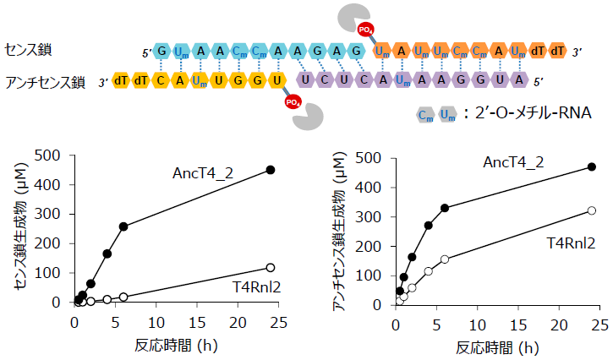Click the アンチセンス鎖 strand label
point(45,82)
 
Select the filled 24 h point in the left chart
point(271,170)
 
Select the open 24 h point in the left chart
point(271,267)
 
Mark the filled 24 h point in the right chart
point(592,167)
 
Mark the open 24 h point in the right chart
point(592,210)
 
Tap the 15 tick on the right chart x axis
point(517,323)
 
